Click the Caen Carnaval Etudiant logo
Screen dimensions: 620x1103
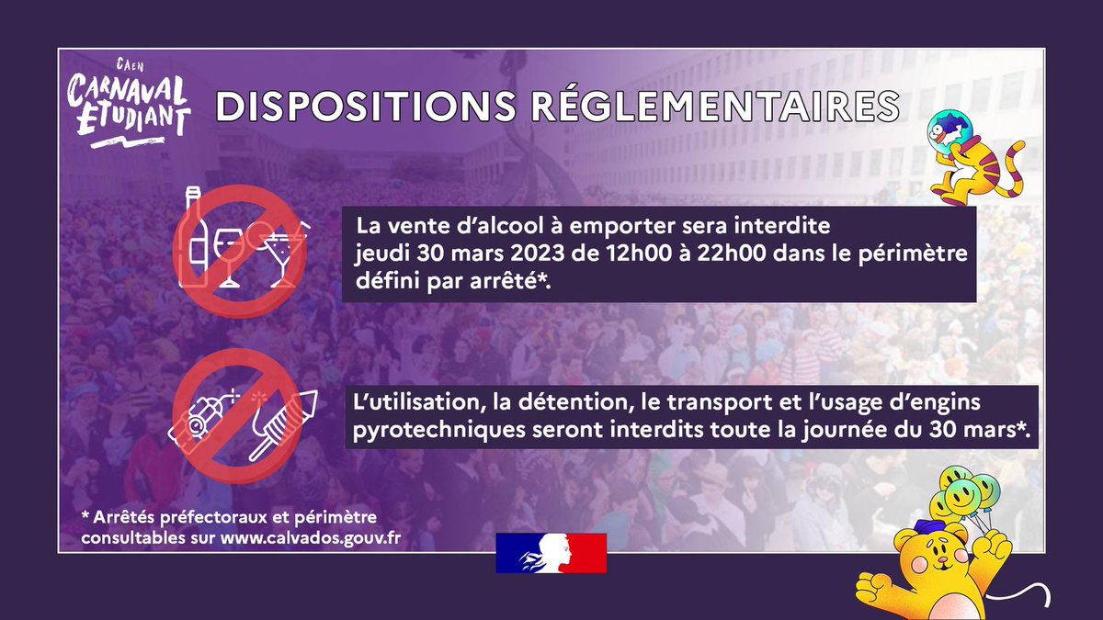click(129, 100)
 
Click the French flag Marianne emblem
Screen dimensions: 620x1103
click(551, 553)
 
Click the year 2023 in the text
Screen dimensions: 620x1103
click(523, 254)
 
